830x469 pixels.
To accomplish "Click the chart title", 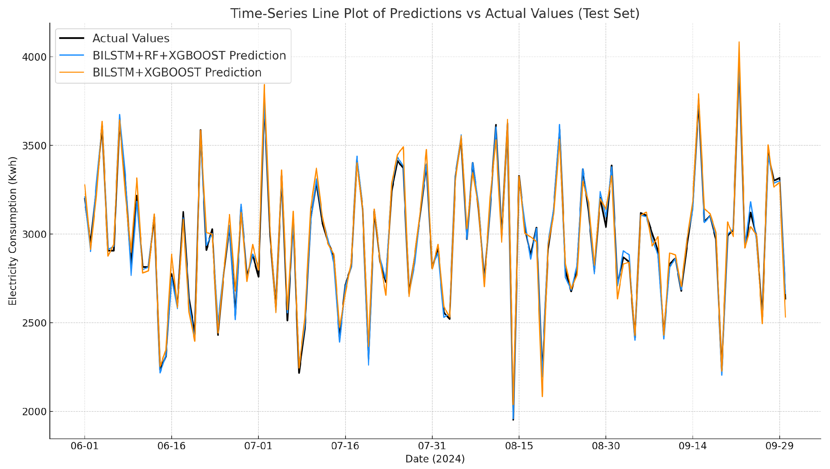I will point(435,14).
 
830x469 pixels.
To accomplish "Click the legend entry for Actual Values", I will point(131,38).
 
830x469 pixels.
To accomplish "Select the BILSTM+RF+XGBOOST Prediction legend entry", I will point(189,55).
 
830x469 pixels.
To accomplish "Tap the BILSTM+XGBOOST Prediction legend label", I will point(177,73).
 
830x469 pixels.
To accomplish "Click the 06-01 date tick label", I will point(85,446).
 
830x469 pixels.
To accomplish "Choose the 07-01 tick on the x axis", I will point(258,446).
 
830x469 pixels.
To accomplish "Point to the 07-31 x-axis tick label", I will point(432,446).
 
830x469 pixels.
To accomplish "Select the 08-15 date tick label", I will point(519,446).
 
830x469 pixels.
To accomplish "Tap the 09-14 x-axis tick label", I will point(693,446).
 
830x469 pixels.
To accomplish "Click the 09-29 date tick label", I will point(780,446).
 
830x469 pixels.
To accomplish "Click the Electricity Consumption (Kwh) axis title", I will point(12,231).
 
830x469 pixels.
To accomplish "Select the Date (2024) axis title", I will point(435,459).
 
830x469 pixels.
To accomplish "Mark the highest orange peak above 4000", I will point(739,42).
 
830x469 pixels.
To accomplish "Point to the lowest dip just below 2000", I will point(513,419).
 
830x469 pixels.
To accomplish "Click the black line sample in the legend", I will point(72,38).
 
